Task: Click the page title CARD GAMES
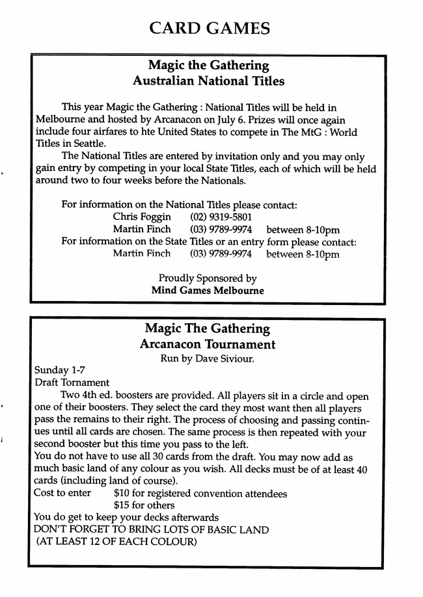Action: tap(209, 28)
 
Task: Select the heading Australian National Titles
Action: tap(208, 81)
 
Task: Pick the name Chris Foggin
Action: tap(142, 217)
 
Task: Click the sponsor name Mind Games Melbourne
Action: tap(208, 291)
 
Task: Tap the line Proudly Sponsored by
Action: tap(208, 278)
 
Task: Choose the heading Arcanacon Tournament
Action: tap(207, 344)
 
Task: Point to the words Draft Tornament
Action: tap(72, 383)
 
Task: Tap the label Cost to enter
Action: tap(62, 494)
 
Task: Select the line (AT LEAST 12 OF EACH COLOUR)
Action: tap(116, 542)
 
